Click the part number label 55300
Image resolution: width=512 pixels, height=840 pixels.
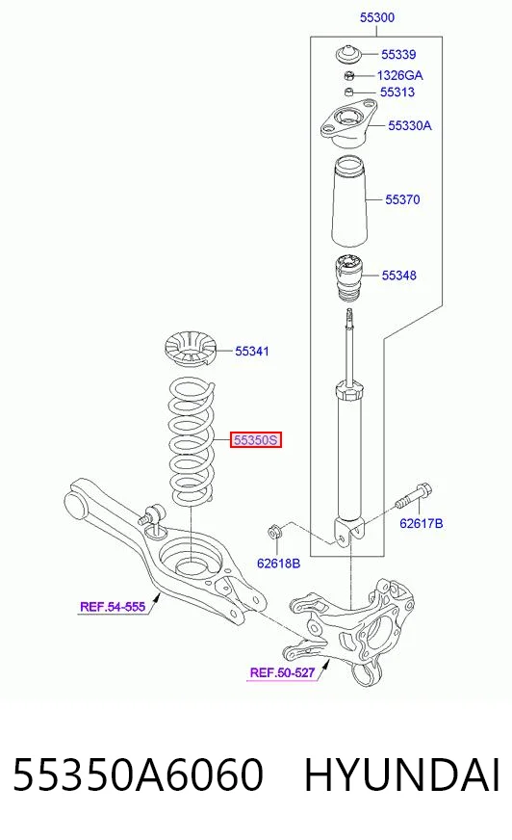click(x=376, y=17)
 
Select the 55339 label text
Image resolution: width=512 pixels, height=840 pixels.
click(x=398, y=54)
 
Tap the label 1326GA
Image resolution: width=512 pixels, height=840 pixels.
click(x=399, y=75)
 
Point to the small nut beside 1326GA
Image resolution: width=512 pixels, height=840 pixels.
click(x=348, y=74)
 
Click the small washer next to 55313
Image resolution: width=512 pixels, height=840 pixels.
click(x=348, y=92)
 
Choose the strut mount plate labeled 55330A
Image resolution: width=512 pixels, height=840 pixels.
click(x=347, y=125)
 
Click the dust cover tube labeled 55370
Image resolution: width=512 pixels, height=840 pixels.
click(x=350, y=200)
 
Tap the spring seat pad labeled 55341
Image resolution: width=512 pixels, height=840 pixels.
click(x=189, y=351)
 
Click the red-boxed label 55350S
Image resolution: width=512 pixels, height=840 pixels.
click(x=256, y=440)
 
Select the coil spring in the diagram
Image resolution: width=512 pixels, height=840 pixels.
click(x=192, y=440)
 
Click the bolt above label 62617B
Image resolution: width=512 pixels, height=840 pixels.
click(x=415, y=496)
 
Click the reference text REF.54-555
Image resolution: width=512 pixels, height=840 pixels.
click(x=113, y=607)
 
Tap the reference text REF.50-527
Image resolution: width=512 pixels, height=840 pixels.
click(x=282, y=672)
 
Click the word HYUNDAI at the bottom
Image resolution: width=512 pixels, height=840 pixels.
click(x=402, y=774)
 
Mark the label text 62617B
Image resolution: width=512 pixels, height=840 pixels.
click(x=421, y=523)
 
